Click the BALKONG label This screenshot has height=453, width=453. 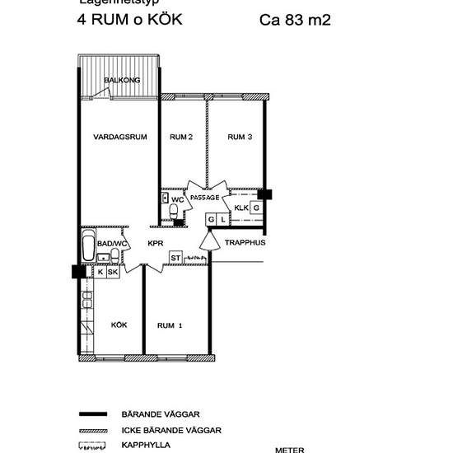pyautogui.click(x=123, y=80)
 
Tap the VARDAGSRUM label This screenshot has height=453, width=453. pyautogui.click(x=119, y=137)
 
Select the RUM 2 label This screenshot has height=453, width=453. pyautogui.click(x=180, y=137)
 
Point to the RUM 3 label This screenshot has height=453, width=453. pyautogui.click(x=239, y=137)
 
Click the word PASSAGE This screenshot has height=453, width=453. pyautogui.click(x=204, y=198)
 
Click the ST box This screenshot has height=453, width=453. pyautogui.click(x=175, y=258)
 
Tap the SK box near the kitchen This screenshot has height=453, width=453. pyautogui.click(x=113, y=272)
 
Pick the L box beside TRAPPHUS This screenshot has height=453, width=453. pyautogui.click(x=222, y=219)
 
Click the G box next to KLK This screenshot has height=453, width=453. pyautogui.click(x=256, y=208)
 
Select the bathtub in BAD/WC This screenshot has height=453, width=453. pyautogui.click(x=88, y=246)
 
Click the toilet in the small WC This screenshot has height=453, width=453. pyautogui.click(x=173, y=213)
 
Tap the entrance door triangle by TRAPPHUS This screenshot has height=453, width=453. pyautogui.click(x=206, y=240)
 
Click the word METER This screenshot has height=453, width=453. pyautogui.click(x=289, y=449)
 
